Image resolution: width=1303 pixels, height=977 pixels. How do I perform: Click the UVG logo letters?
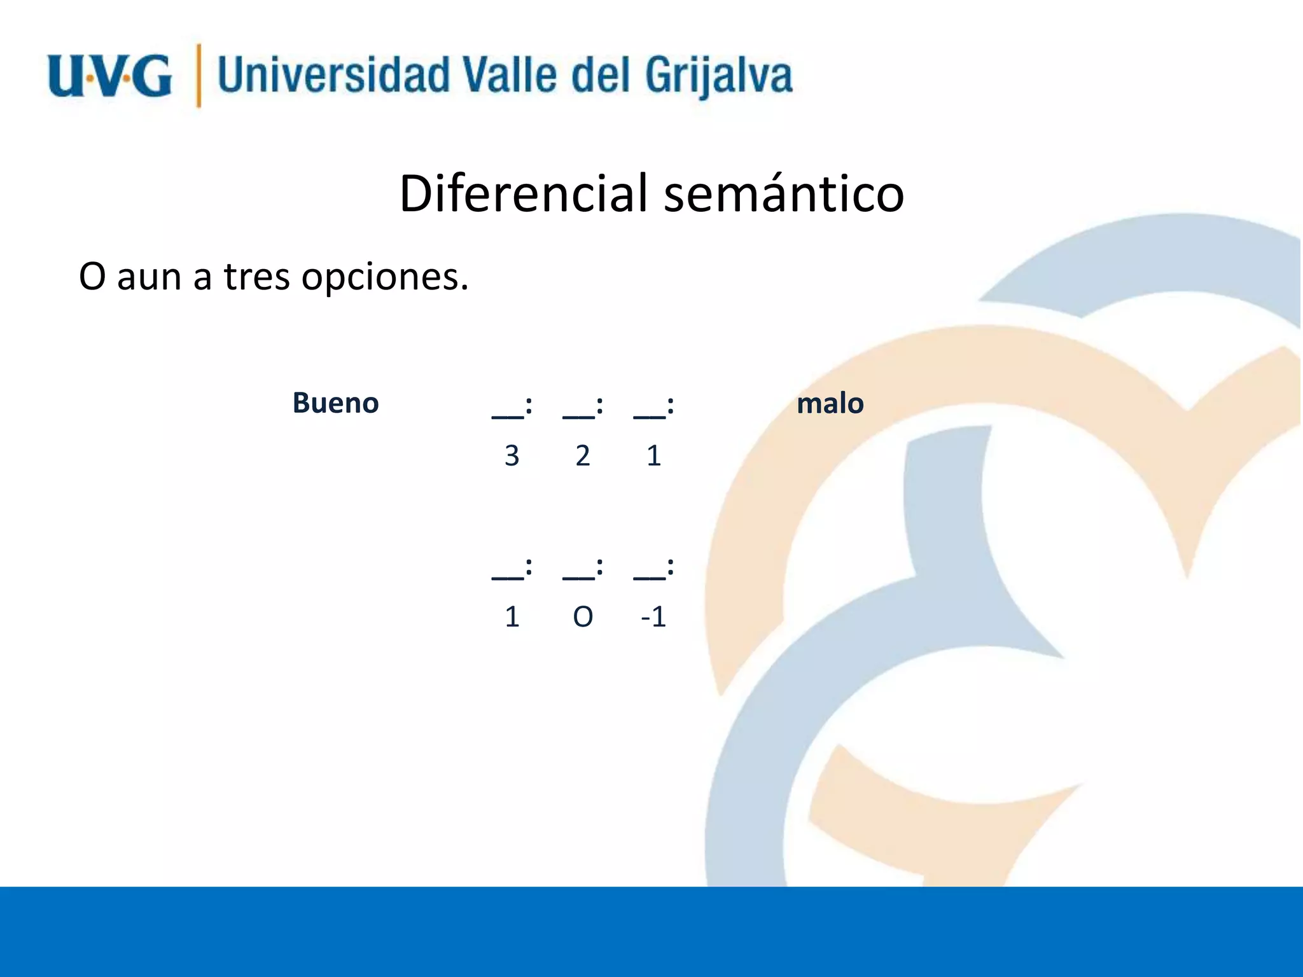[109, 77]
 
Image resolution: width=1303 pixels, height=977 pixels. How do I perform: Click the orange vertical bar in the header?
[199, 76]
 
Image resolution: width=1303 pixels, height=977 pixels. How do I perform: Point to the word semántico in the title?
[784, 193]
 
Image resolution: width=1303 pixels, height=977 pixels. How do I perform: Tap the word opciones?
[384, 277]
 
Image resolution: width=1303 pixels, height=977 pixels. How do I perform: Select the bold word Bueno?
[335, 403]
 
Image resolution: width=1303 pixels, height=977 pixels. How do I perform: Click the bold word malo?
[830, 403]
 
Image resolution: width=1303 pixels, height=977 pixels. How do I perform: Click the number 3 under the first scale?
[512, 456]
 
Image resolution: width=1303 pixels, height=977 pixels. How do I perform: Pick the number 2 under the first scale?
[583, 456]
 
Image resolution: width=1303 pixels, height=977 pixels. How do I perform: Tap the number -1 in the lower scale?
[653, 617]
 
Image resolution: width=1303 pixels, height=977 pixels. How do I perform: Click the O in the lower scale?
[583, 617]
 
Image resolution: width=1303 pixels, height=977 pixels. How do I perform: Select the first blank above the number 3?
[508, 413]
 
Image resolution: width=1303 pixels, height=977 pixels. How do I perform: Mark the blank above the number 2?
[578, 413]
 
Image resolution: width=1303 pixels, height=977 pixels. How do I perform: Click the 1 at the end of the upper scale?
[653, 456]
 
